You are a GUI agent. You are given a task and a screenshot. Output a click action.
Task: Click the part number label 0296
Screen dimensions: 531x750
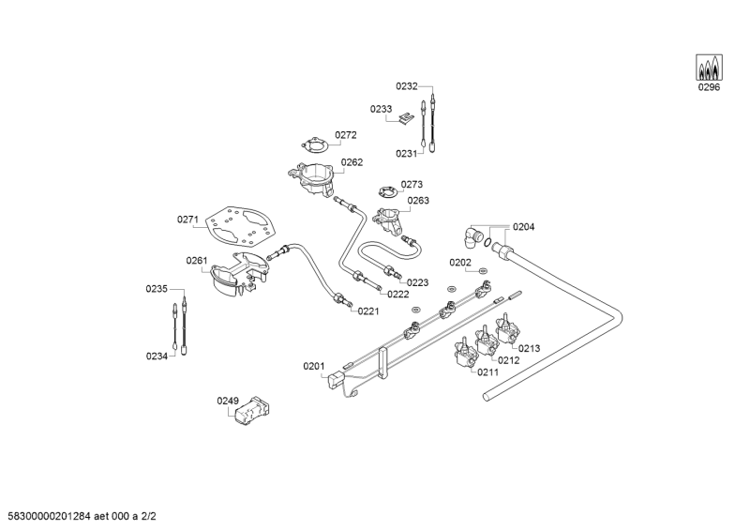709,88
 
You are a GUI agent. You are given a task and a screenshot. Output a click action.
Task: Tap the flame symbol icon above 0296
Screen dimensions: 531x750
709,68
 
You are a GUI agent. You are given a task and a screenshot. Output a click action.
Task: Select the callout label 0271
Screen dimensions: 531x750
187,220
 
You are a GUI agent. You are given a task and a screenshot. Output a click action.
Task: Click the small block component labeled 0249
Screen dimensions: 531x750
250,412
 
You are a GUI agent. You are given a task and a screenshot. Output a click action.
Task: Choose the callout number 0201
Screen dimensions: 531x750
313,366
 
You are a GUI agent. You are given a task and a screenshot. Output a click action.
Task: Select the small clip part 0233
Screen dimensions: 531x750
405,118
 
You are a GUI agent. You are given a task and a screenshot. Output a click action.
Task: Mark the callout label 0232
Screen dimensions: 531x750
406,85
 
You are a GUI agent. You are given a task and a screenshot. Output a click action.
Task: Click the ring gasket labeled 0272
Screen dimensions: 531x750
311,145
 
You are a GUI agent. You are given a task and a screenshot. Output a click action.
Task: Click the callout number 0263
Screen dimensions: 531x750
418,200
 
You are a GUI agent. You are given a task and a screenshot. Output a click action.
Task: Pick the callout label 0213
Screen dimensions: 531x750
530,348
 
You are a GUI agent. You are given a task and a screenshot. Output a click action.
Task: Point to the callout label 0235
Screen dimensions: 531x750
156,289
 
